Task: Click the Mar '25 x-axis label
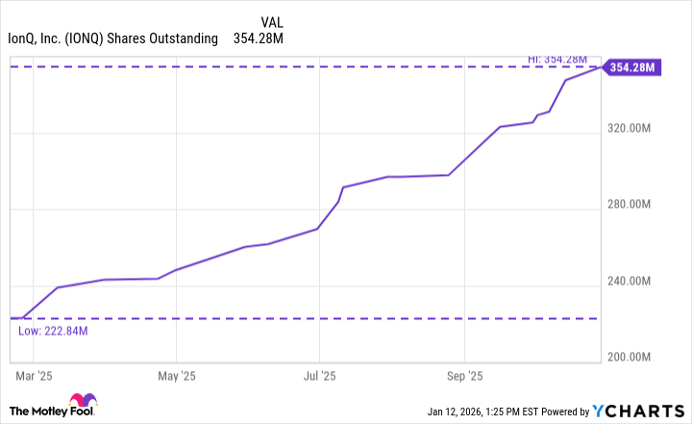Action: pos(34,376)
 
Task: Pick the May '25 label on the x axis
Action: pos(177,376)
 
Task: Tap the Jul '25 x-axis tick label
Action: pos(320,376)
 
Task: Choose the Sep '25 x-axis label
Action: pos(464,376)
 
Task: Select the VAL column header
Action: pos(273,21)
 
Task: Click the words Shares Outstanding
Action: pos(165,38)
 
